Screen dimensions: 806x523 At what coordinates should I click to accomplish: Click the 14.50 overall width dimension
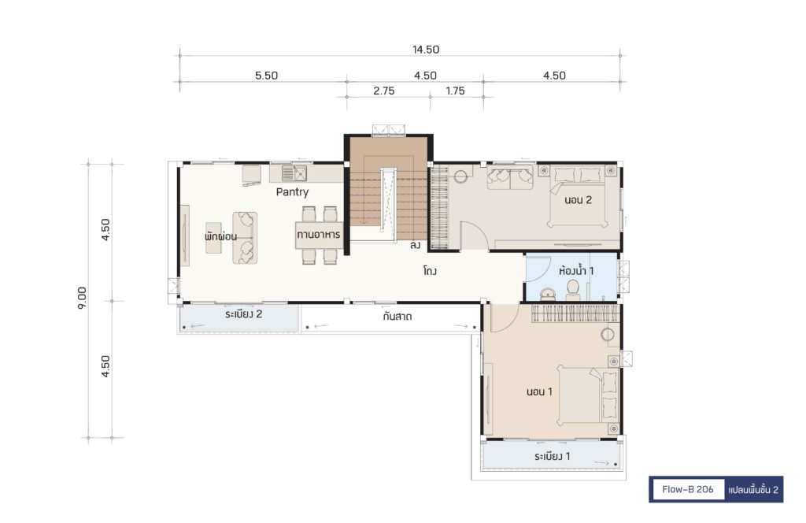click(426, 50)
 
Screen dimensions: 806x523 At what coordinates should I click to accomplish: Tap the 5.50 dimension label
click(266, 76)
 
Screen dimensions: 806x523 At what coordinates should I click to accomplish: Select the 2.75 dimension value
click(383, 91)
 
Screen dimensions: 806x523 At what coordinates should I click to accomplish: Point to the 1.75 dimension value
click(455, 91)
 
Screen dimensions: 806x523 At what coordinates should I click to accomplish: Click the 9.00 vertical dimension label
click(82, 298)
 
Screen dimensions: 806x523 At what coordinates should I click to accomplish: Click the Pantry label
click(292, 192)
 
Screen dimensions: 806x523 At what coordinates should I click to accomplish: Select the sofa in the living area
click(245, 238)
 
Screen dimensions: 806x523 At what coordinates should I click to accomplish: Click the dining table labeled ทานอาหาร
click(319, 235)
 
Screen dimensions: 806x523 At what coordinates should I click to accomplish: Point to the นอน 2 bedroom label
click(578, 200)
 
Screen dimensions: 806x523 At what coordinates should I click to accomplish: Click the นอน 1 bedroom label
click(539, 392)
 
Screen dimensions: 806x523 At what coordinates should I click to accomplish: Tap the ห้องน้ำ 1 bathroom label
click(576, 270)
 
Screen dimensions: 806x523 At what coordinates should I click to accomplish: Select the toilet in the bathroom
click(573, 291)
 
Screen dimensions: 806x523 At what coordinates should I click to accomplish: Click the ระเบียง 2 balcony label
click(244, 314)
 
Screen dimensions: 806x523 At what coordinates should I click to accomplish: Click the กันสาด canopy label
click(397, 317)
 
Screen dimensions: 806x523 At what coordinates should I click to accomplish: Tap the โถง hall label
click(430, 270)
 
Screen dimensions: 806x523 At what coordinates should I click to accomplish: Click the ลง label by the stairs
click(415, 245)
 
